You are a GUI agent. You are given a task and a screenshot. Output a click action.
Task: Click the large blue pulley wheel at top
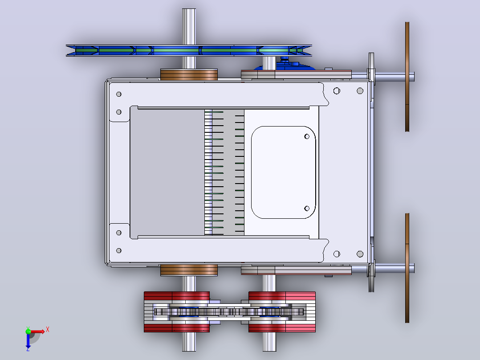[189, 50]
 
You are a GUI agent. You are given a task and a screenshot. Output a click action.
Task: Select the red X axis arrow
[38, 331]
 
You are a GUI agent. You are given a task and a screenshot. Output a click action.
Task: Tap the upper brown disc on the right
[407, 77]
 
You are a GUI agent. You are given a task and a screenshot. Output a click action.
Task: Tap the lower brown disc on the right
[407, 268]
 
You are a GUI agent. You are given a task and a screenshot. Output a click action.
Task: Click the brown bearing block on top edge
[189, 74]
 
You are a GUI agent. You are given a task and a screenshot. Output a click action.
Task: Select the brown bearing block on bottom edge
[189, 270]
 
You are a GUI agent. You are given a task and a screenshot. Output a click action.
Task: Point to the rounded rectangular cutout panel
[283, 172]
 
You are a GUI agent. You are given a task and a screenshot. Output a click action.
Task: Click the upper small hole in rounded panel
[307, 136]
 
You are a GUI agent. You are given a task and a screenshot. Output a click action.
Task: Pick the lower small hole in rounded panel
[307, 209]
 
